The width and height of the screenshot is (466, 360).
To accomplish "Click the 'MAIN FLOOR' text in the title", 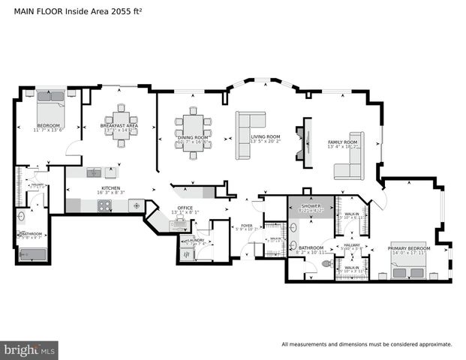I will (x=31, y=10).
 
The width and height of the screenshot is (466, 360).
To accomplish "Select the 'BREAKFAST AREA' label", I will (x=120, y=125).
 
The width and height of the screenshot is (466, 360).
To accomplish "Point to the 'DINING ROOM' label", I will (x=193, y=137).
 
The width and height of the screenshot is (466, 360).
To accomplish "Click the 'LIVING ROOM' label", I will (x=266, y=137).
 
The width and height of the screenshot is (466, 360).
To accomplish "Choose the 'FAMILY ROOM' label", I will (x=342, y=142).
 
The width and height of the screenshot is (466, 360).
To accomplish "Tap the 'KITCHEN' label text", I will (x=110, y=187).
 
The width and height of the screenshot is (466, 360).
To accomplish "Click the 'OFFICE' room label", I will (x=185, y=208).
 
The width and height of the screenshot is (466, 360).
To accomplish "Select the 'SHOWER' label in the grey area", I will (x=309, y=205).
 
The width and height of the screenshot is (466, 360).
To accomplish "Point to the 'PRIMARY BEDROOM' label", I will (x=409, y=247).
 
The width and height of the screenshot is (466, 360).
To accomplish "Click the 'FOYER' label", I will (x=246, y=224).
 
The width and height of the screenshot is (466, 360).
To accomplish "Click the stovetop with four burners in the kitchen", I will (x=136, y=203).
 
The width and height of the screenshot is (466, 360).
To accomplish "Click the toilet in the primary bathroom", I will (x=326, y=265).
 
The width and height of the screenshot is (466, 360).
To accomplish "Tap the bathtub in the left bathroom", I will (x=35, y=255).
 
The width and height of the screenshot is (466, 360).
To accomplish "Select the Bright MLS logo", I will (x=30, y=349).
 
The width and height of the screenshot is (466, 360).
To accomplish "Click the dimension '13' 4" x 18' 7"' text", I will (x=342, y=147).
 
